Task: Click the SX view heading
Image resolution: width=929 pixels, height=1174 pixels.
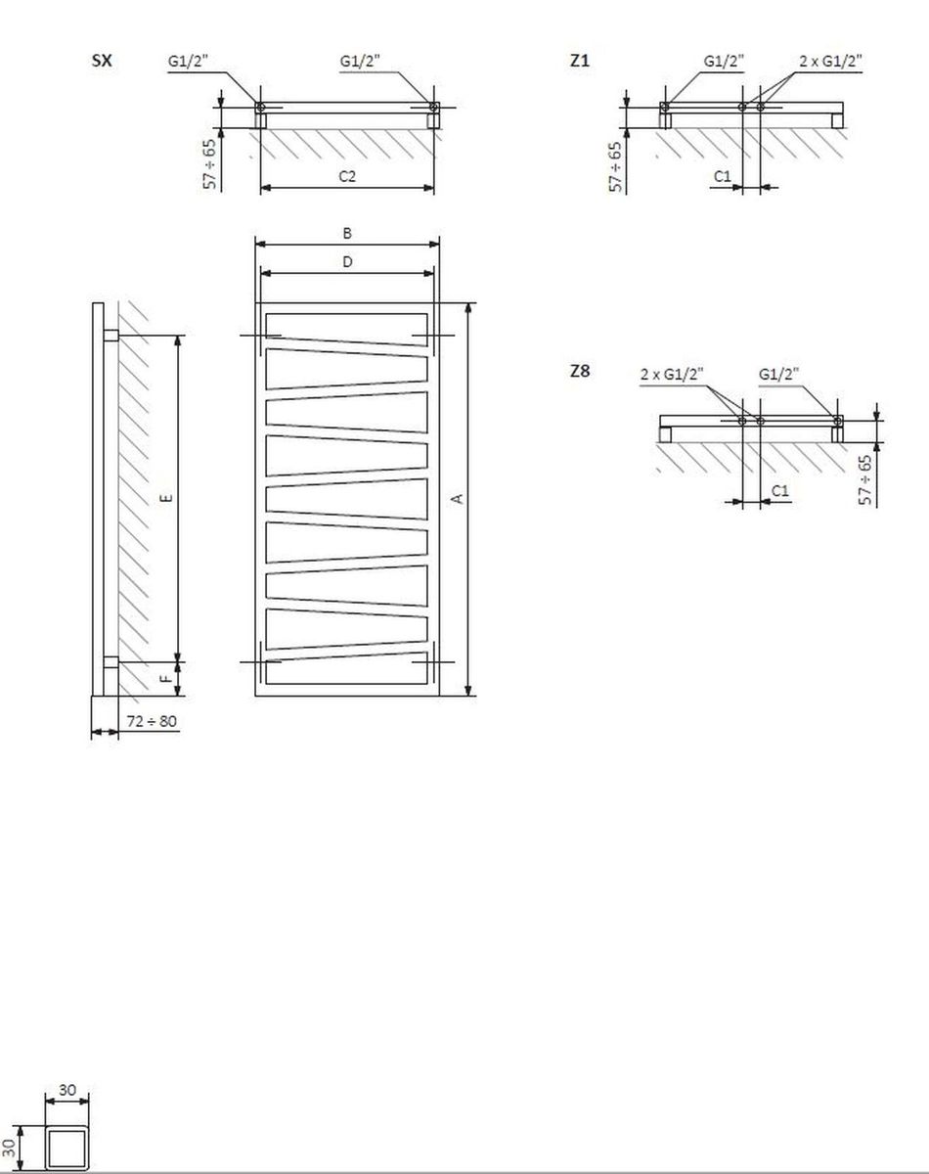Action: click(102, 61)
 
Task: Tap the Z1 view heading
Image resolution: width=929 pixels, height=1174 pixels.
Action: click(579, 61)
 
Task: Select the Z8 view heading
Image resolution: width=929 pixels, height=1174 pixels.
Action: click(580, 372)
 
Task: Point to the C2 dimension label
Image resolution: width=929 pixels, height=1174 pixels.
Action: click(347, 176)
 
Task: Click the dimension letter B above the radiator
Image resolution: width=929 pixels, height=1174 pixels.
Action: click(347, 234)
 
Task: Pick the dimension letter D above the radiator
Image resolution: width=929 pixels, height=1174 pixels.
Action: click(347, 262)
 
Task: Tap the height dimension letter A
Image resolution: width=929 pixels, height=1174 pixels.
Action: click(459, 499)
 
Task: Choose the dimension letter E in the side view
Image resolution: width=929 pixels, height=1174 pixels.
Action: click(168, 498)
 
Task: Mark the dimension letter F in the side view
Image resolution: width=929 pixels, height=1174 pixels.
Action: click(167, 679)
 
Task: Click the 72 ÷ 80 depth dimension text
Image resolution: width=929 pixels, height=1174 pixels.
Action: click(152, 722)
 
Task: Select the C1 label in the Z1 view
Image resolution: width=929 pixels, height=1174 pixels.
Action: click(723, 176)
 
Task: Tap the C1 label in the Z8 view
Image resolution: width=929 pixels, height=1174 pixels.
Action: click(780, 491)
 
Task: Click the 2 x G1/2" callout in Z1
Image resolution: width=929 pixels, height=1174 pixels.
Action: click(831, 61)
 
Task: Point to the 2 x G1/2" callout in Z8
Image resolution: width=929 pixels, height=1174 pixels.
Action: click(672, 374)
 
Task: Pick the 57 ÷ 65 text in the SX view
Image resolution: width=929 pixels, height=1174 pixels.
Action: click(210, 164)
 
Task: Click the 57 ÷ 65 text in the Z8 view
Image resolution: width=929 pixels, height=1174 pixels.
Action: click(865, 480)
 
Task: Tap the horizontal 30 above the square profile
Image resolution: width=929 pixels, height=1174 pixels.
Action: click(67, 1090)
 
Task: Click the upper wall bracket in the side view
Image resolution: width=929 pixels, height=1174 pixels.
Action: click(111, 335)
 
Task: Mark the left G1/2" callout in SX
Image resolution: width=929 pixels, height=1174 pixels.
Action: click(188, 61)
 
